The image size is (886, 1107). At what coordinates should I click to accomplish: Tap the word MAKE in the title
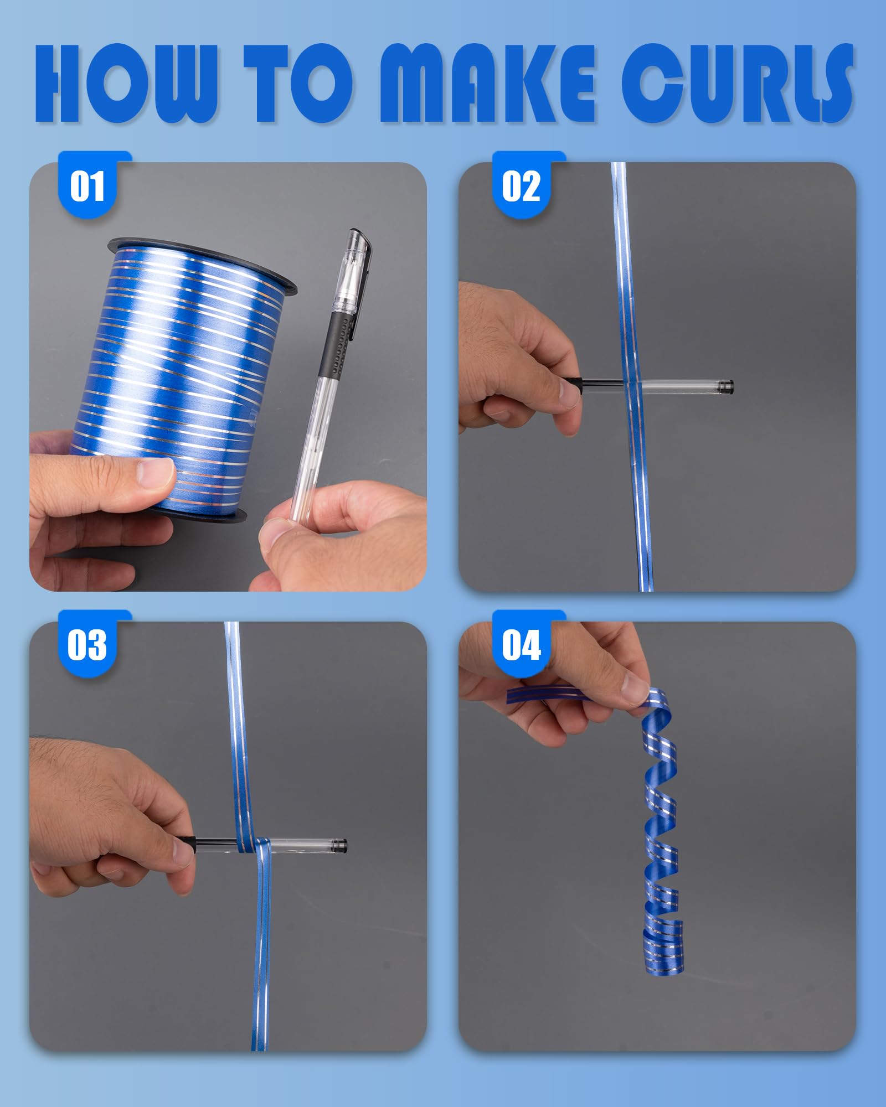click(486, 83)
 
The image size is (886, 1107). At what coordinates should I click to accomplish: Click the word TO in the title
click(297, 83)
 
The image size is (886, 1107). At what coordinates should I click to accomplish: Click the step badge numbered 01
click(87, 185)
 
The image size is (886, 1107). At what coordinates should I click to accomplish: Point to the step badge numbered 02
click(522, 185)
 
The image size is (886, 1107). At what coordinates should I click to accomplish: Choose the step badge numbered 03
click(87, 645)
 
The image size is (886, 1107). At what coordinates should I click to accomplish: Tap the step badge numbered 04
click(522, 645)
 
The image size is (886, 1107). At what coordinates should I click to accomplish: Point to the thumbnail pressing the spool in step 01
click(155, 473)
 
